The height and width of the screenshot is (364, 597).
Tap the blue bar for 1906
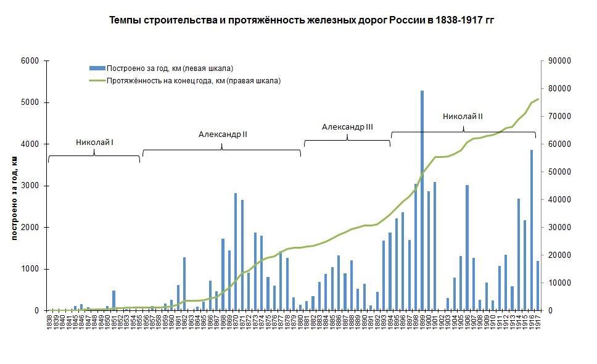(467, 247)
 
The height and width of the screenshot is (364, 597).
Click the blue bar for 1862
(184, 284)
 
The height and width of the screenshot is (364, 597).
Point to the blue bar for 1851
(113, 300)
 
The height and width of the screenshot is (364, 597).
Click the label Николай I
(94, 143)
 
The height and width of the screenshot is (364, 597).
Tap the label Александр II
(223, 134)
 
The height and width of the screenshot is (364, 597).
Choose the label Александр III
(347, 127)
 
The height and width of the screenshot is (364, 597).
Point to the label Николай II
(463, 116)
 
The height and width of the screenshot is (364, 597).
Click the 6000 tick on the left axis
(30, 61)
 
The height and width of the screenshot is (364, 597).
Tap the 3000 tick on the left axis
(30, 186)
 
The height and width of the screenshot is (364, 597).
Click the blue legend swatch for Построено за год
(97, 68)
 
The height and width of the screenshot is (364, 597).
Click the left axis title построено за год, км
(14, 197)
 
